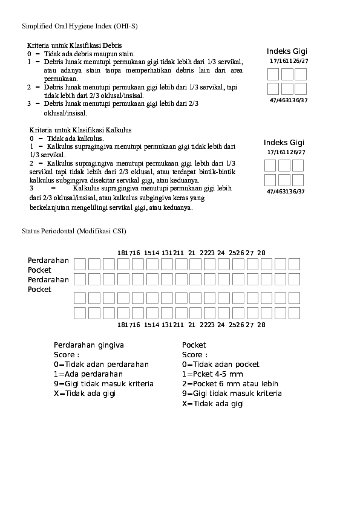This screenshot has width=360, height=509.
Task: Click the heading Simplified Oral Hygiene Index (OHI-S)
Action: [80, 27]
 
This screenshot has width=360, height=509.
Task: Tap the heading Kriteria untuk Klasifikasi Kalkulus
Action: [80, 130]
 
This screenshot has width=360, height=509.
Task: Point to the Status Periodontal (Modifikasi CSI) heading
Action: [74, 232]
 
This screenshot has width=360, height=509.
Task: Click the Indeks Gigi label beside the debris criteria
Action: [287, 51]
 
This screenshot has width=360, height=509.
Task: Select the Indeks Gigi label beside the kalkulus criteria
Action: [284, 142]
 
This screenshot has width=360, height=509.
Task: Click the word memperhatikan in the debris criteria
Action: [152, 70]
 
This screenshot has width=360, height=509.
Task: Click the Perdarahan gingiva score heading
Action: [89, 345]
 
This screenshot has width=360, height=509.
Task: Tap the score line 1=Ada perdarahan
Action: [84, 374]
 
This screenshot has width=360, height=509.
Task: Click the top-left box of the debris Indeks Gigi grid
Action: [273, 74]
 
